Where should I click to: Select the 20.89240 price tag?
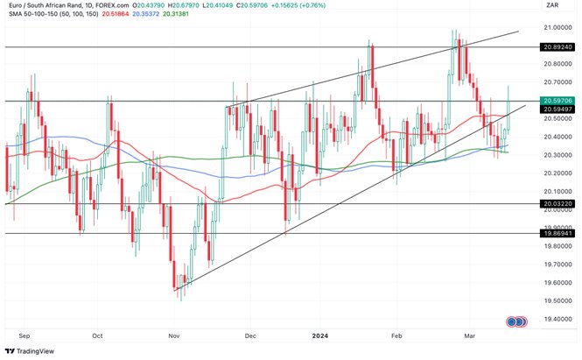pyautogui.click(x=557, y=46)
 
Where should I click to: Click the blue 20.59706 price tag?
pyautogui.click(x=557, y=101)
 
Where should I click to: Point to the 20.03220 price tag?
pyautogui.click(x=557, y=203)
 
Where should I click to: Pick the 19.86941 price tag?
pyautogui.click(x=557, y=234)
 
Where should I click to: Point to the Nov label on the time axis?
pyautogui.click(x=173, y=335)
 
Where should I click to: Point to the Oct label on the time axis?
pyautogui.click(x=97, y=335)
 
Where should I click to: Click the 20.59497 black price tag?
pyautogui.click(x=557, y=109)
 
